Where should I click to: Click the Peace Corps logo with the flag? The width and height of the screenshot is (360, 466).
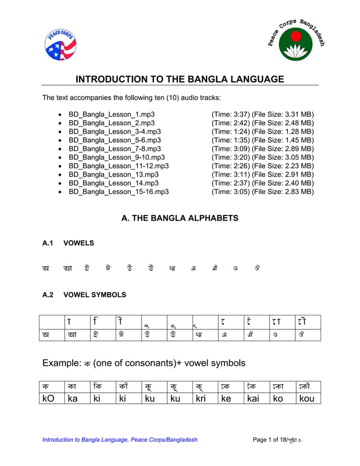coord(60,45)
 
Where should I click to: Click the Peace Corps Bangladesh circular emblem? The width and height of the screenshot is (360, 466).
coord(296,42)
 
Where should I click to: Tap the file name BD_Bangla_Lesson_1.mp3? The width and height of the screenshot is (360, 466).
coord(112,114)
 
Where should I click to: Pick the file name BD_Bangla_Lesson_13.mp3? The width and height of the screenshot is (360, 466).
coord(114,174)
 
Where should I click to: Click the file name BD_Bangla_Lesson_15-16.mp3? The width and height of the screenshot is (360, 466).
coord(118,192)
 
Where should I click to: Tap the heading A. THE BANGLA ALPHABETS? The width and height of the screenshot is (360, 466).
coord(180,218)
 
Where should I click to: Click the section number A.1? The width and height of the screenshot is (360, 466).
coord(47,243)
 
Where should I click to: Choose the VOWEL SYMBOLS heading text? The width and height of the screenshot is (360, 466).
coord(95,294)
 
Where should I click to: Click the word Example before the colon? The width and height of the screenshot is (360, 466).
coord(62,363)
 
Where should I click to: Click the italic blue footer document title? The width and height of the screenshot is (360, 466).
coord(120,440)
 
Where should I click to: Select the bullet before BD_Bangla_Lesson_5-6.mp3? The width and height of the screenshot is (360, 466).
coord(60,140)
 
